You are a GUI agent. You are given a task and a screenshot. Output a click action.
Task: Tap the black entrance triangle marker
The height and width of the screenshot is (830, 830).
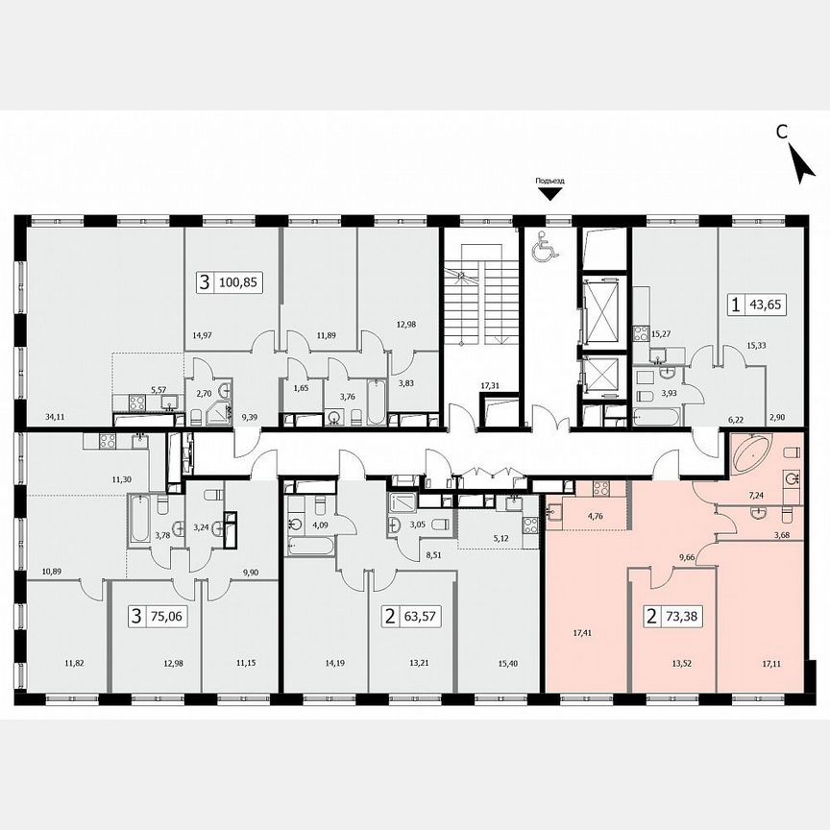click(550, 194)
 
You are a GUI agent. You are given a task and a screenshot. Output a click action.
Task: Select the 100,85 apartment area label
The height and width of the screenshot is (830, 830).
click(241, 282)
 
